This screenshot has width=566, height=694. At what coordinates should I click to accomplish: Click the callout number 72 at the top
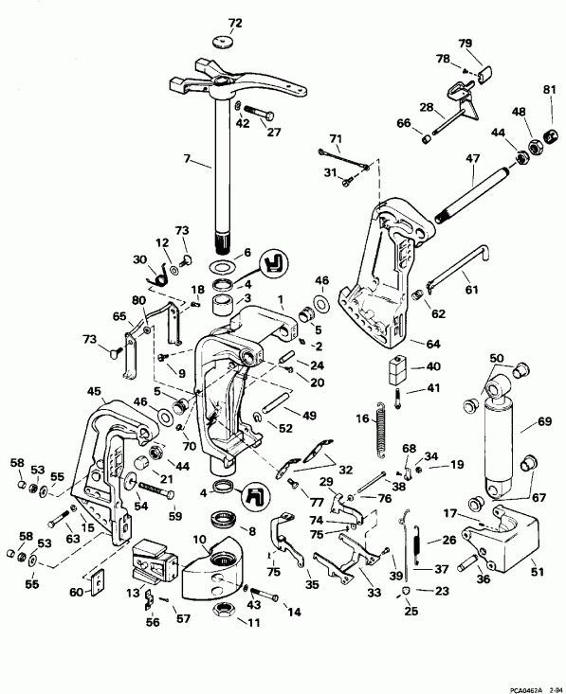pyautogui.click(x=235, y=21)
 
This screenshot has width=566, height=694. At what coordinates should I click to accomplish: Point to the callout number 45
pyautogui.click(x=94, y=392)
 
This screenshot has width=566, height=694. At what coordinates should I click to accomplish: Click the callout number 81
pyautogui.click(x=548, y=91)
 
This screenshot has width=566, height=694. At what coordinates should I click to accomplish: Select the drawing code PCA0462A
pyautogui.click(x=522, y=686)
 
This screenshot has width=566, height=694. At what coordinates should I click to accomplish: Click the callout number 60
pyautogui.click(x=76, y=592)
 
